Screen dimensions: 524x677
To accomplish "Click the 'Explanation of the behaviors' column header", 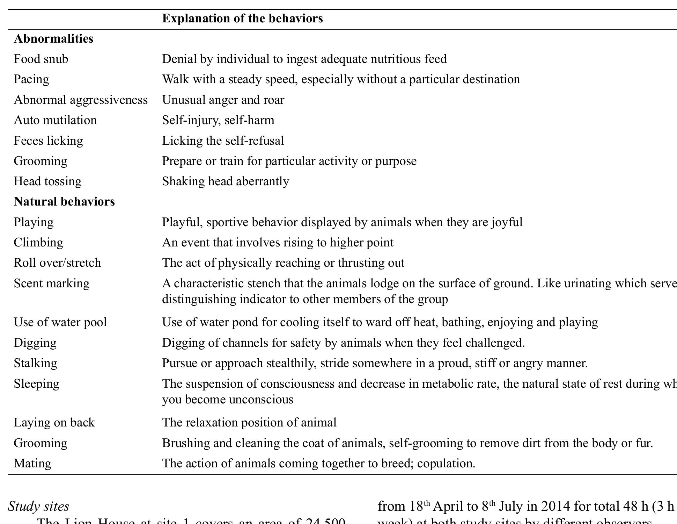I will click(242, 19).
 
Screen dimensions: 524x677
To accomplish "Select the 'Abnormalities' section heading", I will click(53, 39).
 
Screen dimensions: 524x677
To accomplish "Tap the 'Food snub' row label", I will click(41, 59).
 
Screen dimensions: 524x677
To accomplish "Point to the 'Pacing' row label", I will click(31, 79).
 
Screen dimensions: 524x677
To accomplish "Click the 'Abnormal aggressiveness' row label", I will click(81, 100).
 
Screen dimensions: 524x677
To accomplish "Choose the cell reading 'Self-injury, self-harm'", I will click(218, 120).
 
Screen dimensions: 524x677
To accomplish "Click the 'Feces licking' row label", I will click(48, 141).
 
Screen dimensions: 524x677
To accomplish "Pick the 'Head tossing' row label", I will click(47, 181).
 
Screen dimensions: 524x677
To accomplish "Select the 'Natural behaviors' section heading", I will click(64, 202).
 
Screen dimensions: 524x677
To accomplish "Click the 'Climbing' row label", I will click(38, 243).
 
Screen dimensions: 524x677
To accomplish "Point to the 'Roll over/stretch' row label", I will click(57, 263).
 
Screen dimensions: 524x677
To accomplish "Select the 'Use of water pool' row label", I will click(60, 322).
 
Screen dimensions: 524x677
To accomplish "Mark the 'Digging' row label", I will click(35, 343).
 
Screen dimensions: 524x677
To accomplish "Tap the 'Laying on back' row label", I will click(54, 423).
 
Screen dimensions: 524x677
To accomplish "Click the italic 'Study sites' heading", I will click(38, 507).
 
